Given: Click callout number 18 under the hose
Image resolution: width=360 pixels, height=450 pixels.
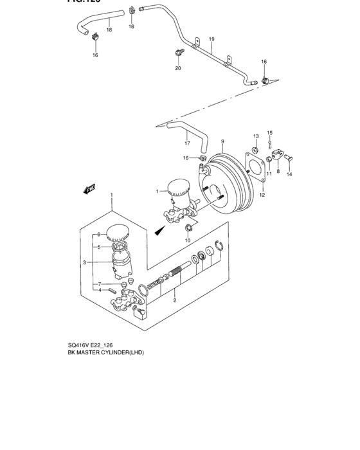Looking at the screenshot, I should (109, 30).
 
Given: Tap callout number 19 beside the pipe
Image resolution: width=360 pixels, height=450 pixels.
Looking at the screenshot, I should (212, 39).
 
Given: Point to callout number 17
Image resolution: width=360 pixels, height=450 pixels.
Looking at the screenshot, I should (187, 143).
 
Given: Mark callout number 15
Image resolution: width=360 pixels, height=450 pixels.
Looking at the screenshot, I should (270, 132).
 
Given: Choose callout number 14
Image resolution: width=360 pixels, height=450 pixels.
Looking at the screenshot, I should (289, 174).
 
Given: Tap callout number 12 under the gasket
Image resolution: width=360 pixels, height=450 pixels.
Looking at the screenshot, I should (262, 195).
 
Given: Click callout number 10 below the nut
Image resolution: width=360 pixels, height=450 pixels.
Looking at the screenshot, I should (188, 240).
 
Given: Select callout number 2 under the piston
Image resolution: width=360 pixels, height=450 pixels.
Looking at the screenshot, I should (175, 300).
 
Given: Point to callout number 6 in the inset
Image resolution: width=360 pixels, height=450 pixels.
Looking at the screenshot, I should (98, 235).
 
